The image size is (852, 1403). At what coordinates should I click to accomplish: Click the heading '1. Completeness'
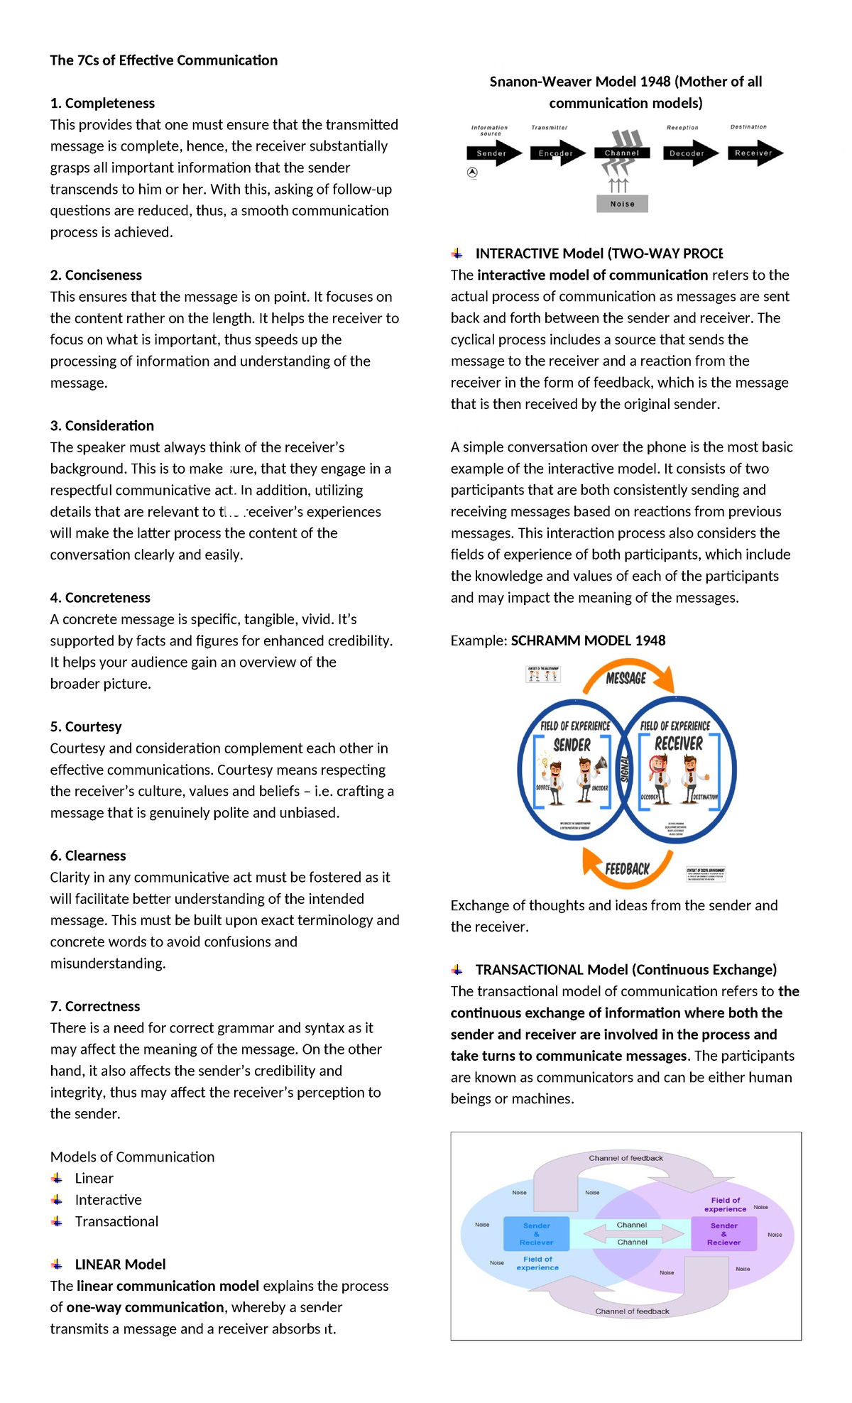point(102,103)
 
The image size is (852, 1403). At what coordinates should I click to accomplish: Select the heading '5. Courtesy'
point(86,726)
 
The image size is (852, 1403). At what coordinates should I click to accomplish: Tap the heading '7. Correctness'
point(95,1006)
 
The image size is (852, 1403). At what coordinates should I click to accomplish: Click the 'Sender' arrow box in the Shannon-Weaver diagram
point(493,153)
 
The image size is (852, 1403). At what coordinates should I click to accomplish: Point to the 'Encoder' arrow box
point(557,153)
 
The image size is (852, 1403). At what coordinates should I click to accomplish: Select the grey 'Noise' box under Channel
point(622,204)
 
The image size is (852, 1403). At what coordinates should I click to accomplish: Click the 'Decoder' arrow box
point(688,153)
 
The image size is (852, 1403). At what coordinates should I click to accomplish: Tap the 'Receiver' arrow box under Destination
point(754,153)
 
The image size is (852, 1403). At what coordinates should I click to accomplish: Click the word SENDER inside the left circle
point(572,745)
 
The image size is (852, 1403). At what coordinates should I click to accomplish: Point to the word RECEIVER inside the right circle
point(678,743)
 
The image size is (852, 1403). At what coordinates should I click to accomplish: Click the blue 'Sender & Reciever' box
point(536,1234)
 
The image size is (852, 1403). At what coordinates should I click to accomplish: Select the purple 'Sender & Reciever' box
point(723,1234)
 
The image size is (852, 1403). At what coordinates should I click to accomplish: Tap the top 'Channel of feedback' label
point(626,1158)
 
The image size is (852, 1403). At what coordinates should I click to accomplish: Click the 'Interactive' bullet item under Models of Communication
point(108,1200)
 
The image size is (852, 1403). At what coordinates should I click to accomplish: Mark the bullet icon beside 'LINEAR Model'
point(57,1264)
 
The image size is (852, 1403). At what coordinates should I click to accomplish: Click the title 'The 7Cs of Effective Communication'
point(163,60)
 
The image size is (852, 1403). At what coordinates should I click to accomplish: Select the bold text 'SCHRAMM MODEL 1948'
point(588,640)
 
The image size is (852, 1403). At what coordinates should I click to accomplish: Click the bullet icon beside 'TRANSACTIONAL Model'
point(457,969)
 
